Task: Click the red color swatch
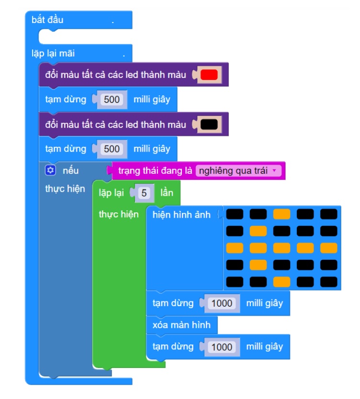(x=209, y=75)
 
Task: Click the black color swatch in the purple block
(x=209, y=124)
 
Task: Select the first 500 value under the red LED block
(x=112, y=99)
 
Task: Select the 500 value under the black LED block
(x=112, y=149)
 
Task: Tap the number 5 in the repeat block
(x=144, y=193)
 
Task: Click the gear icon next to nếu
(x=50, y=170)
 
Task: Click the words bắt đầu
(x=47, y=20)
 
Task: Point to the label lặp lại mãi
(x=53, y=54)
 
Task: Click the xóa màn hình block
(x=182, y=325)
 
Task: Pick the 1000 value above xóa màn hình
(x=222, y=303)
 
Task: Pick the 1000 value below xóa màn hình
(x=222, y=347)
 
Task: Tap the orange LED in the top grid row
(x=281, y=214)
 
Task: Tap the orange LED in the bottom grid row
(x=281, y=282)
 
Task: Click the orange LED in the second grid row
(x=258, y=231)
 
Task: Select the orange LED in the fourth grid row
(x=258, y=265)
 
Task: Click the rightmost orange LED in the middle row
(x=329, y=248)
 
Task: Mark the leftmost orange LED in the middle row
(x=235, y=248)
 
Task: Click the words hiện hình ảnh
(x=181, y=215)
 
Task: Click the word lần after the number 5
(x=167, y=193)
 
